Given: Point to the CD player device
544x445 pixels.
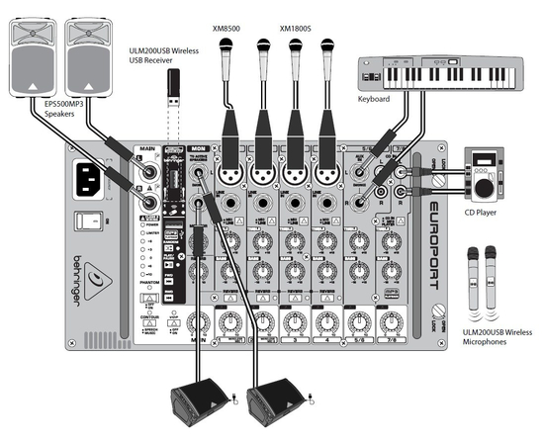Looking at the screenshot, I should click(487, 178).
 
